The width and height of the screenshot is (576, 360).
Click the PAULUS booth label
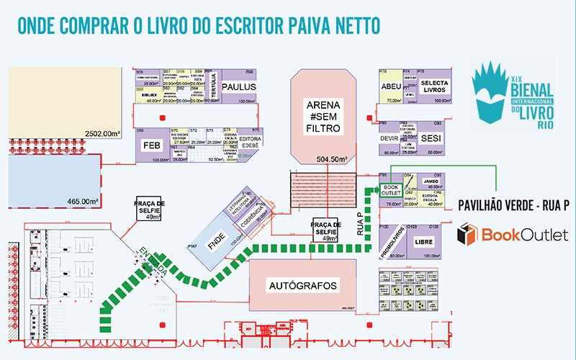click(239, 86)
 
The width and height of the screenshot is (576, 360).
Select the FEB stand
click(151, 145)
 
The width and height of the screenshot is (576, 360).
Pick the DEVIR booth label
click(389, 138)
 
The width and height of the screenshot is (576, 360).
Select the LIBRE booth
click(424, 241)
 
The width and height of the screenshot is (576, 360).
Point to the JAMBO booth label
click(431, 181)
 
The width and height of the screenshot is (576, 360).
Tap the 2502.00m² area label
click(101, 133)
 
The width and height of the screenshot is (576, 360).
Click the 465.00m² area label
click(83, 201)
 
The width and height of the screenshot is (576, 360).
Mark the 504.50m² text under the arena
click(332, 158)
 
